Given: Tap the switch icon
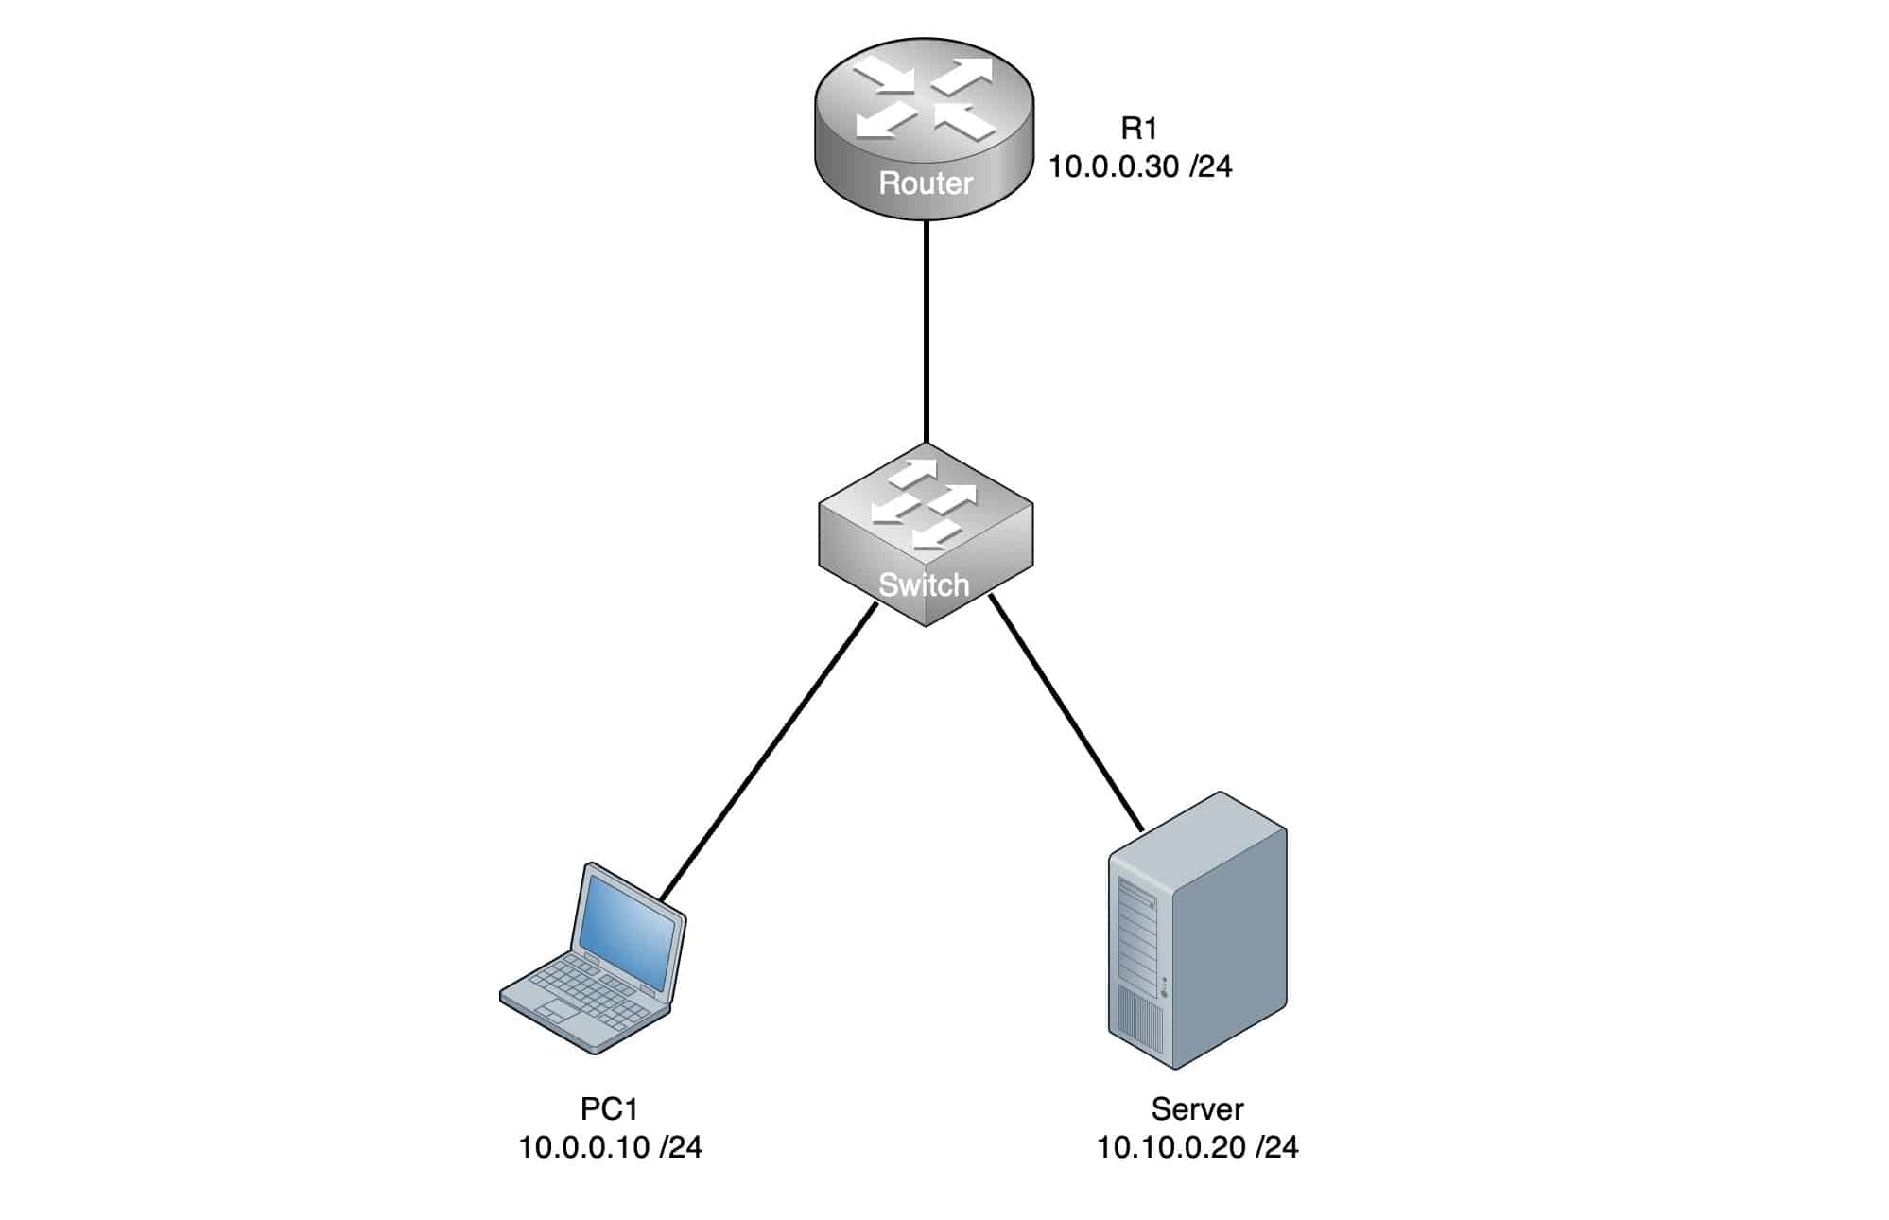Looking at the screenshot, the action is coord(925,535).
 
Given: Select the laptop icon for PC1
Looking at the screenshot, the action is coord(593,957).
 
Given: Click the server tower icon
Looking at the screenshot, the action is coord(1198,931).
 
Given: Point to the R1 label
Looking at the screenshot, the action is coord(1138,128).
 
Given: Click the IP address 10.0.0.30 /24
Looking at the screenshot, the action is coord(1140,166).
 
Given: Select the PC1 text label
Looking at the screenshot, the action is coord(610,1108).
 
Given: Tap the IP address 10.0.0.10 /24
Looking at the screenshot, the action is coord(610,1147).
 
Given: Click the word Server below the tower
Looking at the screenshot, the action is coord(1197,1108).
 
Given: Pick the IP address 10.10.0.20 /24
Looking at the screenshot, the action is coord(1197,1147).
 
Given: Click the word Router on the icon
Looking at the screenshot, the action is coord(926,183).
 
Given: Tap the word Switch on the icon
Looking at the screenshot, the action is coord(924,584).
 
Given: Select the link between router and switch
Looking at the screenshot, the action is coord(927,331).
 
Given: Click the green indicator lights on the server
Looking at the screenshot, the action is coord(1164,986).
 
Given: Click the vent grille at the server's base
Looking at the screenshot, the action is coord(1139,1020).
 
